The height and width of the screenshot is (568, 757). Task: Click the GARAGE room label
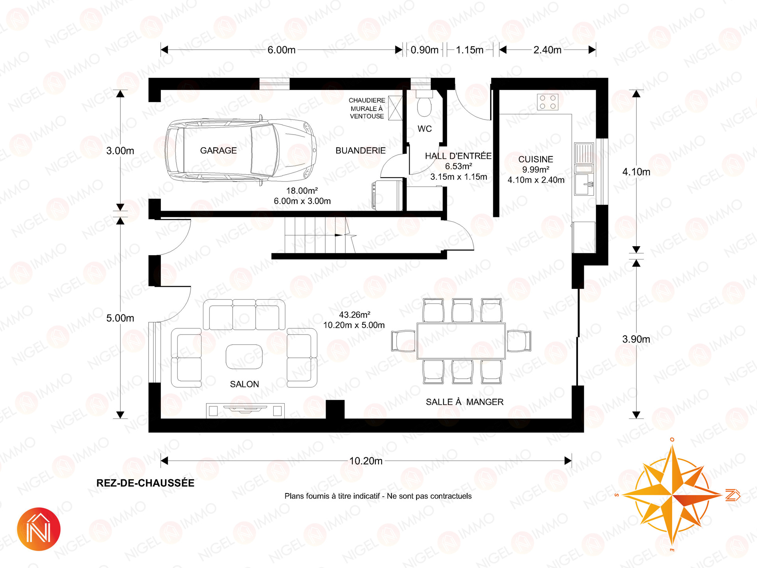[218, 150]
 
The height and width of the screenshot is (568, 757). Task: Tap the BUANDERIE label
[360, 150]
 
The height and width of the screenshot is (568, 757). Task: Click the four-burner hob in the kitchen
[548, 102]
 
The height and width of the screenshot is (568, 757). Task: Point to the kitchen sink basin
[584, 185]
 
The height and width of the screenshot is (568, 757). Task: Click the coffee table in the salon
[244, 357]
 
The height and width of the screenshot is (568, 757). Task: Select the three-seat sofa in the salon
[244, 314]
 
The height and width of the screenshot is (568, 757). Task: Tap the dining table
[461, 341]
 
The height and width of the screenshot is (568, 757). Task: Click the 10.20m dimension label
[366, 461]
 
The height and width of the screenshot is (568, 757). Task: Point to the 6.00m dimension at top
[282, 50]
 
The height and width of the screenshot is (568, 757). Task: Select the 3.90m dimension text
[636, 339]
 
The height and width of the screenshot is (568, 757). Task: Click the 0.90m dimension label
[424, 50]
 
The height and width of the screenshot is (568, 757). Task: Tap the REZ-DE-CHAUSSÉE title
[145, 483]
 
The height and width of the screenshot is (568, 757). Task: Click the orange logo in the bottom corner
[39, 529]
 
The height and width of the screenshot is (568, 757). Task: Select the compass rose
[673, 495]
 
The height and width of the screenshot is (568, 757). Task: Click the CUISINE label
[535, 159]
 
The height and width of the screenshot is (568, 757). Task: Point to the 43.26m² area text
[354, 315]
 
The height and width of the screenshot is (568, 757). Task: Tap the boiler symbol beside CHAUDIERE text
[395, 108]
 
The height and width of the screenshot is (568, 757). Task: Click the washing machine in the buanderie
[387, 196]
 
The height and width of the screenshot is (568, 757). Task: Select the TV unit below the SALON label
[245, 411]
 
